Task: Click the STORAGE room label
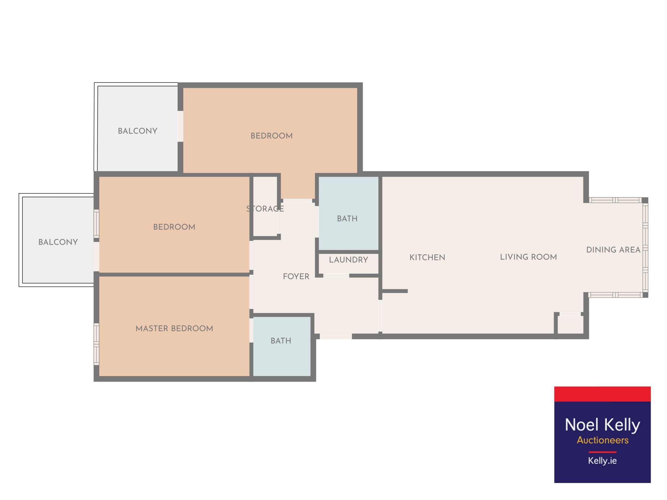coord(265,209)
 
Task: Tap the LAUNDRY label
coord(348,260)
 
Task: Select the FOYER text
coord(296,276)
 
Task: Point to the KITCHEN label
coord(427,257)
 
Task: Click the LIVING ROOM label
coord(528,257)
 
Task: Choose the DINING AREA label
coord(613,249)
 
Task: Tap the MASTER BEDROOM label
coord(174,328)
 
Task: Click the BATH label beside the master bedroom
coord(281,341)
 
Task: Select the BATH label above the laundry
coord(347,218)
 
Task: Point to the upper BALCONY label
coord(138,131)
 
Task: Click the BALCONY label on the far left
coord(58,242)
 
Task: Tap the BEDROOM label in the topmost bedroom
coord(271,136)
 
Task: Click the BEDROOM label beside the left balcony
coord(174,227)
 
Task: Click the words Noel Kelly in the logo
coord(602,425)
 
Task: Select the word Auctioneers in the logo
coord(602,440)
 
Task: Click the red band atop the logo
coord(602,394)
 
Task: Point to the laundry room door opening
coord(336,276)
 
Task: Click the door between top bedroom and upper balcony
coord(180,126)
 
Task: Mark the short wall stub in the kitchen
coord(395,291)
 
